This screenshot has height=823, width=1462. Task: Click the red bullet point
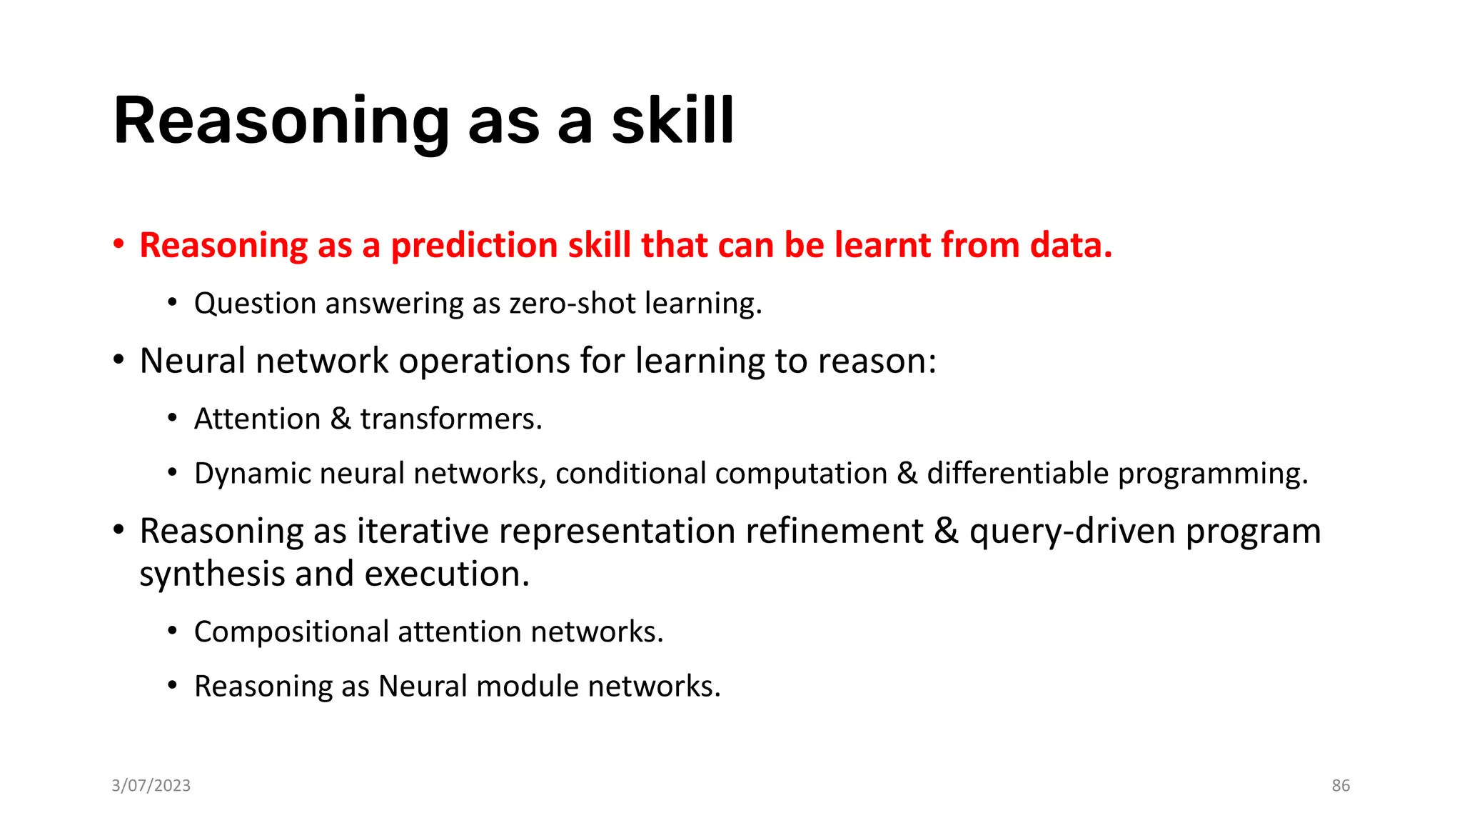119,245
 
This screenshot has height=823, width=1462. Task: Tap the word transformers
450,419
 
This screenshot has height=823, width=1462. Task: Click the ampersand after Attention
341,419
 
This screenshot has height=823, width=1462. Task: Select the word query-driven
1072,532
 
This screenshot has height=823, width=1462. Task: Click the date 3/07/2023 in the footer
151,786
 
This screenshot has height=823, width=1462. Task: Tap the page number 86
1340,786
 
